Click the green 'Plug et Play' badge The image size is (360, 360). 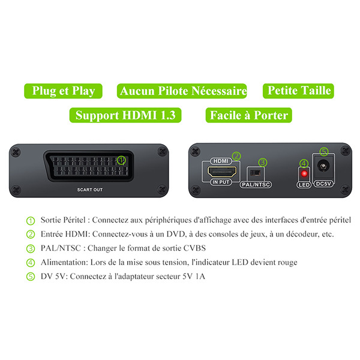[63, 91]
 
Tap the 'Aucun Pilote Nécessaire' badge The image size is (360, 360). [182, 91]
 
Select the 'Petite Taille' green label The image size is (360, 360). [298, 91]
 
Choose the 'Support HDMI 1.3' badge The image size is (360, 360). [125, 115]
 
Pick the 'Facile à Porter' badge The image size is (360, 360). [248, 115]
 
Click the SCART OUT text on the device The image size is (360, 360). [90, 190]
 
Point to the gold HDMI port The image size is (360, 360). [222, 172]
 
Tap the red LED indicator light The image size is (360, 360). [304, 173]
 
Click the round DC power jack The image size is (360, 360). [323, 166]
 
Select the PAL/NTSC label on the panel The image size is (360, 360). [256, 185]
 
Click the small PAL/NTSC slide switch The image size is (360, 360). [256, 173]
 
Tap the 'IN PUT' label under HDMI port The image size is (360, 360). [221, 182]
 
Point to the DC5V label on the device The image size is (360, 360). [323, 184]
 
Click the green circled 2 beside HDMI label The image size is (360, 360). [236, 156]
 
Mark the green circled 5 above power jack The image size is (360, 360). [324, 152]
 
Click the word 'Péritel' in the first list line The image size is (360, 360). [74, 220]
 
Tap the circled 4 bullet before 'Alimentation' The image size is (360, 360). [31, 263]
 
